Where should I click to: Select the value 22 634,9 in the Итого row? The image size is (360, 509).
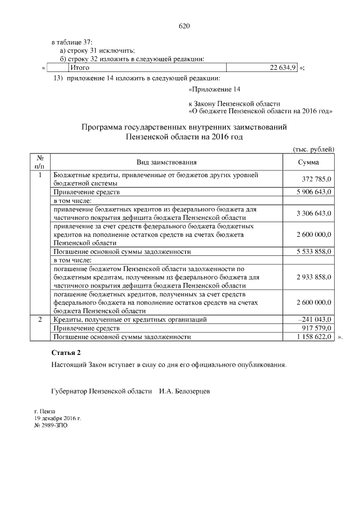pos(283,68)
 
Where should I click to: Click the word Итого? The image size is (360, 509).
pos(71,68)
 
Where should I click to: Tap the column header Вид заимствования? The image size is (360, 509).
pos(166,163)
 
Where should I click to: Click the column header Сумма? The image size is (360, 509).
pos(308,163)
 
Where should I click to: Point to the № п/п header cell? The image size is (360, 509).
pos(40,163)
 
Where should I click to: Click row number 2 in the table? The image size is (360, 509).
pos(40,319)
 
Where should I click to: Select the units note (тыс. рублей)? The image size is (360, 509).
pos(314,149)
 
